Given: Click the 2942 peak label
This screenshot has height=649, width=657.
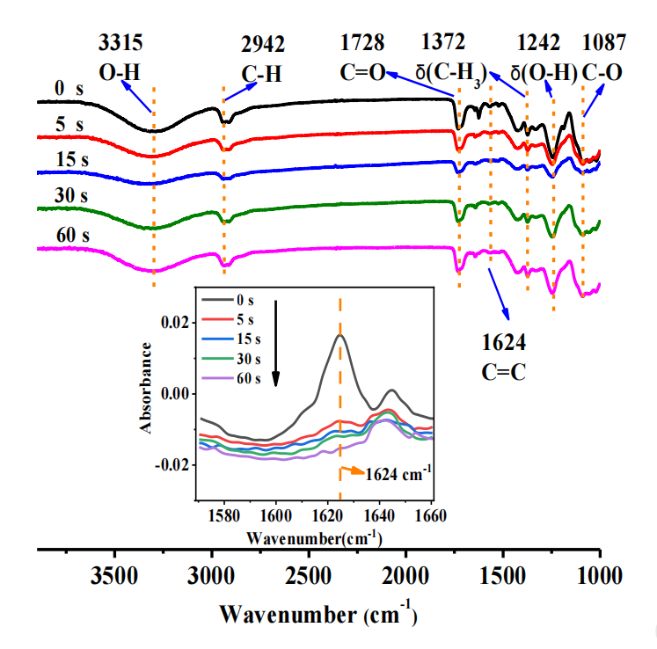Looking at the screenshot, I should (x=262, y=47).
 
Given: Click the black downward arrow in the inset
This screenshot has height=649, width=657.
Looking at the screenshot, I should (x=276, y=343).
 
